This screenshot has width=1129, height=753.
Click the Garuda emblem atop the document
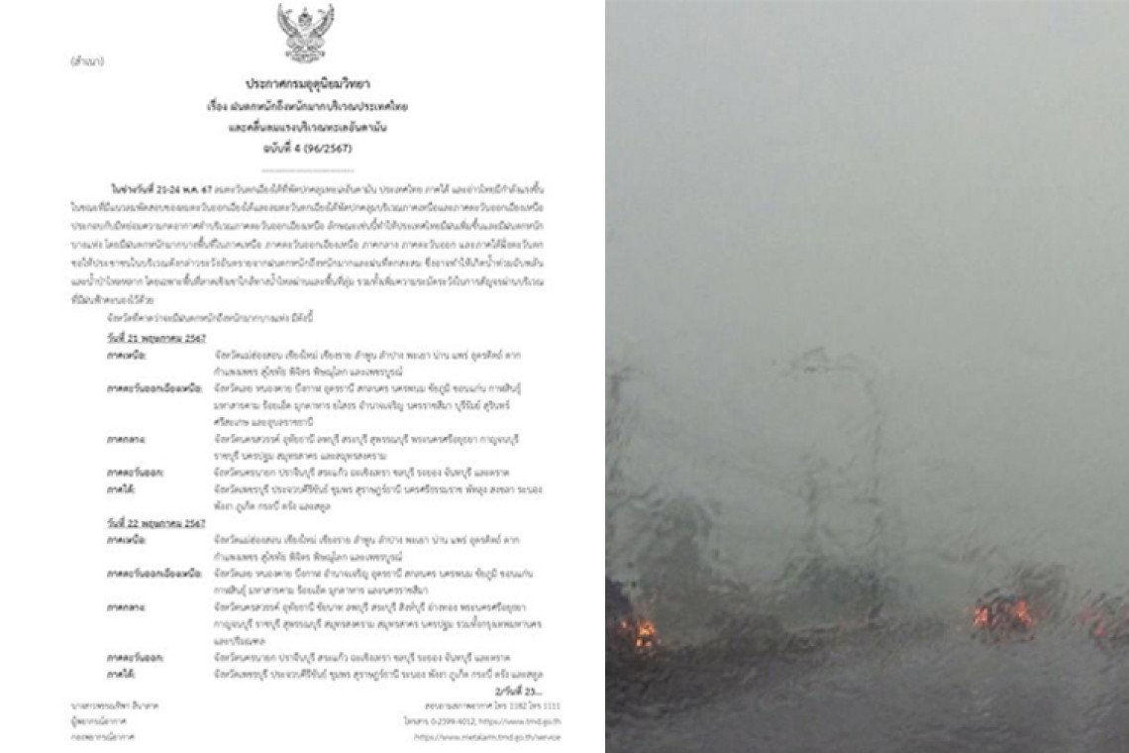305,33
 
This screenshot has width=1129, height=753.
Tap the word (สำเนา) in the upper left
86,61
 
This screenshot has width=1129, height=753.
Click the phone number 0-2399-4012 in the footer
452,721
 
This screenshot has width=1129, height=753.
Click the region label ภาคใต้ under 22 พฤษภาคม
122,673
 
